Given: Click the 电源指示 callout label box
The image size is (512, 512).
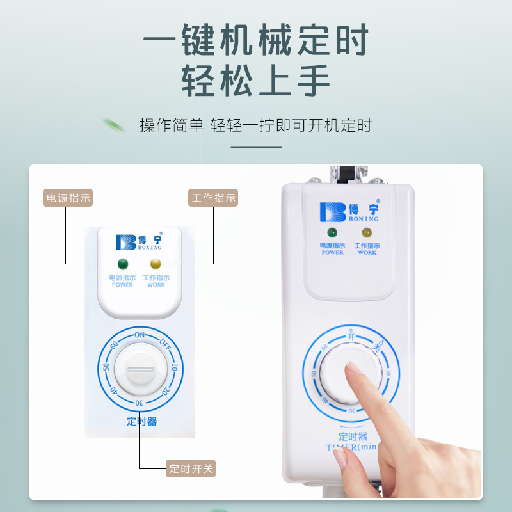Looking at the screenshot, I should point(68,198).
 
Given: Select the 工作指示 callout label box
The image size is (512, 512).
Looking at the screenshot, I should point(214,198).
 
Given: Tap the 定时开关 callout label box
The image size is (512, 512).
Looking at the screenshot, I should point(190,468).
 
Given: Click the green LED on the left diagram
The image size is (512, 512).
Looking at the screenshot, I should point(122,264).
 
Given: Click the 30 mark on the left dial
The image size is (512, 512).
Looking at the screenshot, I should point(139,403).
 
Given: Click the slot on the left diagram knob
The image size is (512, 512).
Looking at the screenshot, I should point(140,369).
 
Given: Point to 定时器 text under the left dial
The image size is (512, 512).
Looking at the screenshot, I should point(141,422).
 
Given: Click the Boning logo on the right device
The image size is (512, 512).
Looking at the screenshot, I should point(349,211).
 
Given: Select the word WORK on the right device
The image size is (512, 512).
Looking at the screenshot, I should point(367,253).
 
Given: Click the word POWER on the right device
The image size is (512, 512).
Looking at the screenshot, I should point(332,253).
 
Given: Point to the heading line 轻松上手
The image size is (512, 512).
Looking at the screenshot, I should point(256,81).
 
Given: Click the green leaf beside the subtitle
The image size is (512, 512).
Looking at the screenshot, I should point(115,124).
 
